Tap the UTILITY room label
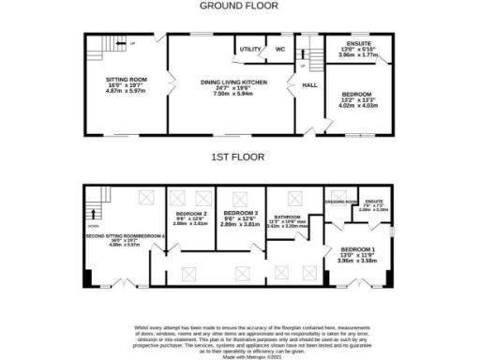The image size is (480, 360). tap(249, 49)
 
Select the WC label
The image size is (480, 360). tap(280, 49)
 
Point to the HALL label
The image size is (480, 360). tap(309, 85)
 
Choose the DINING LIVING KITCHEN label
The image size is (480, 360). tap(234, 82)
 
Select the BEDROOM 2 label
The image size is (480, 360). tap(187, 215)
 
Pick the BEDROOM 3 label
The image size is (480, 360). tap(238, 215)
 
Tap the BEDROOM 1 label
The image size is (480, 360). tap(360, 250)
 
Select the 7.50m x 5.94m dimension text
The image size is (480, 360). tap(234, 94)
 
